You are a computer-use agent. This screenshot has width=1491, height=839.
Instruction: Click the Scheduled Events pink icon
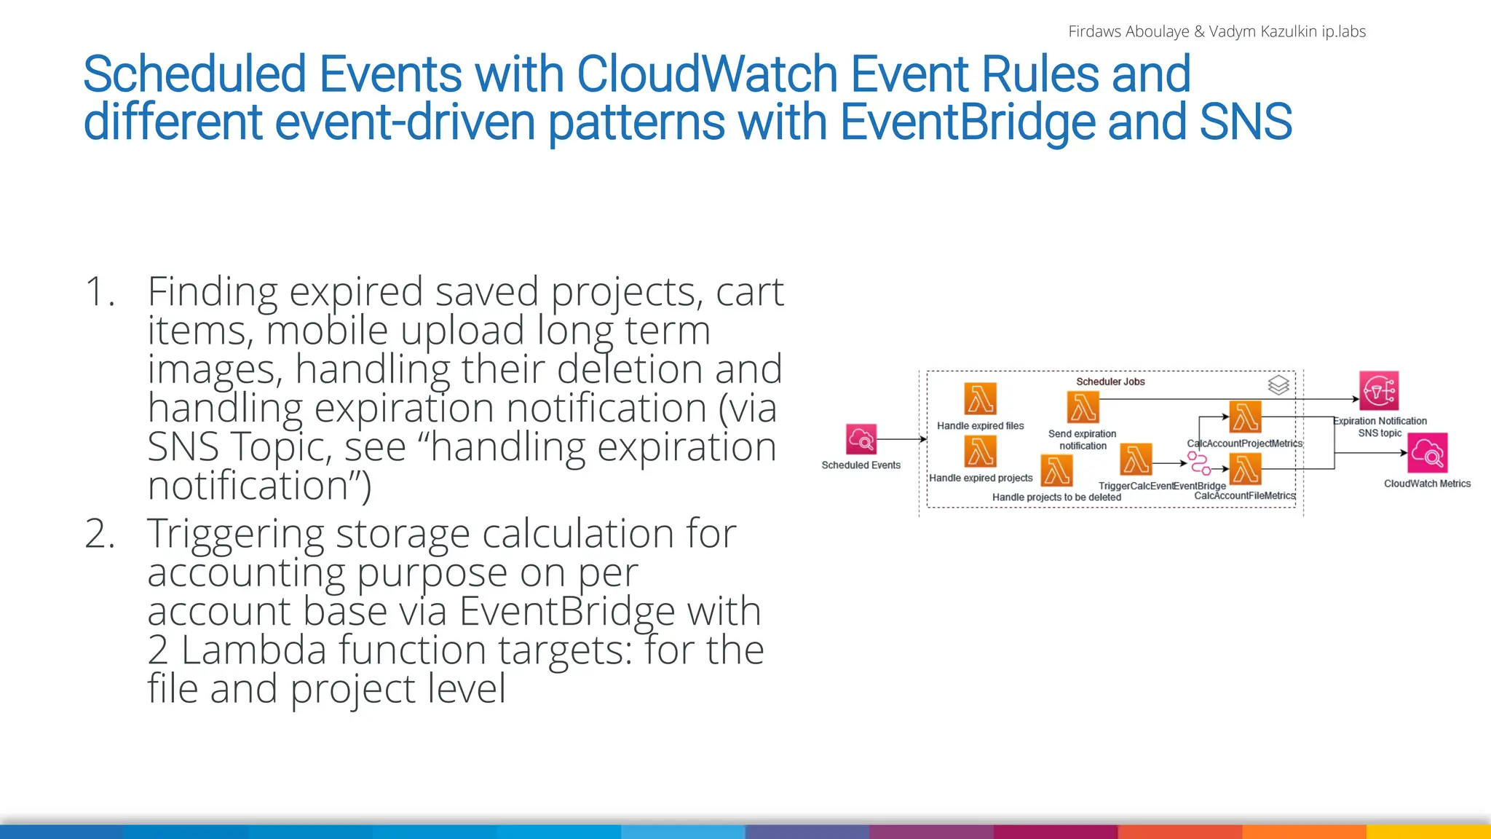(x=861, y=439)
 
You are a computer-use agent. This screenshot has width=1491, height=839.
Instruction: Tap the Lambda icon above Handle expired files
(x=980, y=398)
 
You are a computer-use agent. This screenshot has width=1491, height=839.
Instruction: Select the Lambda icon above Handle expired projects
(x=980, y=451)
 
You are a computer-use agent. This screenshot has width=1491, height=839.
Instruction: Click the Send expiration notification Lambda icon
(x=1083, y=407)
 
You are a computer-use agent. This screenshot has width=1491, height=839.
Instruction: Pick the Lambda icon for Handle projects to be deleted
(x=1056, y=470)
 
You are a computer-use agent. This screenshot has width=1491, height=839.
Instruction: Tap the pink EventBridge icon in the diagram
(x=1198, y=462)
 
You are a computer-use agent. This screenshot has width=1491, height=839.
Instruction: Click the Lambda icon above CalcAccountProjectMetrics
(x=1245, y=417)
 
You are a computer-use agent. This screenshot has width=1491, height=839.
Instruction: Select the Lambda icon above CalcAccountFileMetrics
(x=1245, y=468)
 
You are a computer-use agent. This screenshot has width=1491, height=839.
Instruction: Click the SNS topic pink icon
(x=1378, y=391)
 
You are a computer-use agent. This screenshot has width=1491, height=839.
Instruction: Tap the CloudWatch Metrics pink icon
(x=1427, y=453)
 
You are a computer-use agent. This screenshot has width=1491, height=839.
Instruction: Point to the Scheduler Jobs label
(x=1110, y=382)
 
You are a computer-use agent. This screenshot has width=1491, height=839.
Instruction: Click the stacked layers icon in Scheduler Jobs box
(x=1278, y=385)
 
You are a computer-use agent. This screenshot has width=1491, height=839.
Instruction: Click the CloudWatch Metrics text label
(x=1427, y=484)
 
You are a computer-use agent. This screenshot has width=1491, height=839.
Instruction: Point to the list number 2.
(x=100, y=534)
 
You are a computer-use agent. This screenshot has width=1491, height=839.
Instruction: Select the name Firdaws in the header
(x=1091, y=31)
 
